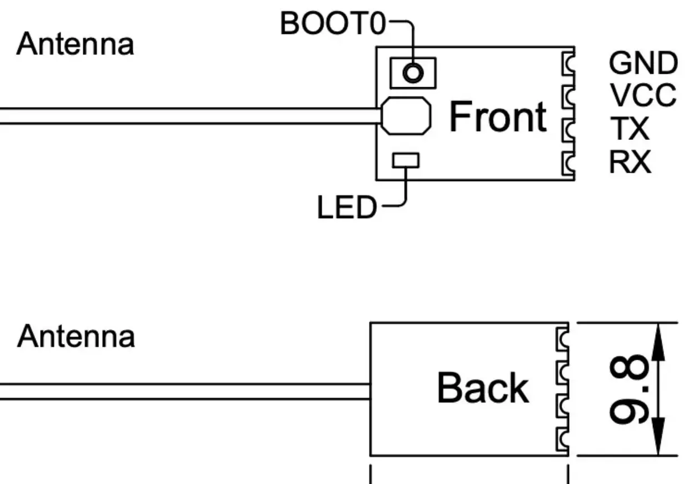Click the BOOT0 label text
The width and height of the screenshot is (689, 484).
[333, 23]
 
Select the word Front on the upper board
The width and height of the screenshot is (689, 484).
[498, 117]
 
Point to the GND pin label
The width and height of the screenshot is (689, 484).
[643, 63]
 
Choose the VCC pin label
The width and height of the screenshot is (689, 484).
[643, 95]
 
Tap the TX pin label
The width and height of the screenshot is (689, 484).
[630, 128]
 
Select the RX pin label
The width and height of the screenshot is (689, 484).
[630, 162]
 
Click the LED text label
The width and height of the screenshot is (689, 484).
[347, 208]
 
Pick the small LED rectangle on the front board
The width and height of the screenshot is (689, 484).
[406, 160]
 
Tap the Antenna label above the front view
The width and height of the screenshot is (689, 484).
[76, 44]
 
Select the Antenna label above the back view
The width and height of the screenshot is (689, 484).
[76, 336]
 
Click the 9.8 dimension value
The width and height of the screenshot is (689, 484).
[629, 389]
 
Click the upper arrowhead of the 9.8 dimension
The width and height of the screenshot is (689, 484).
[658, 342]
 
